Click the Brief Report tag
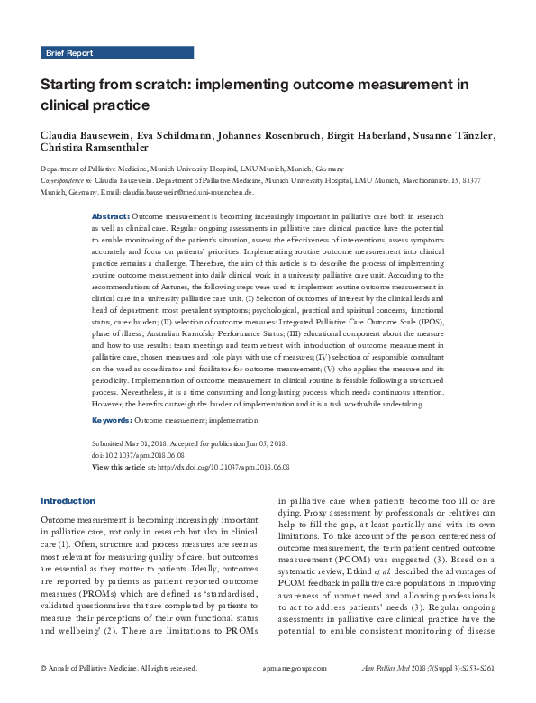(68, 53)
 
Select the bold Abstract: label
(111, 218)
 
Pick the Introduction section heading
(68, 500)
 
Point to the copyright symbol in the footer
(44, 693)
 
